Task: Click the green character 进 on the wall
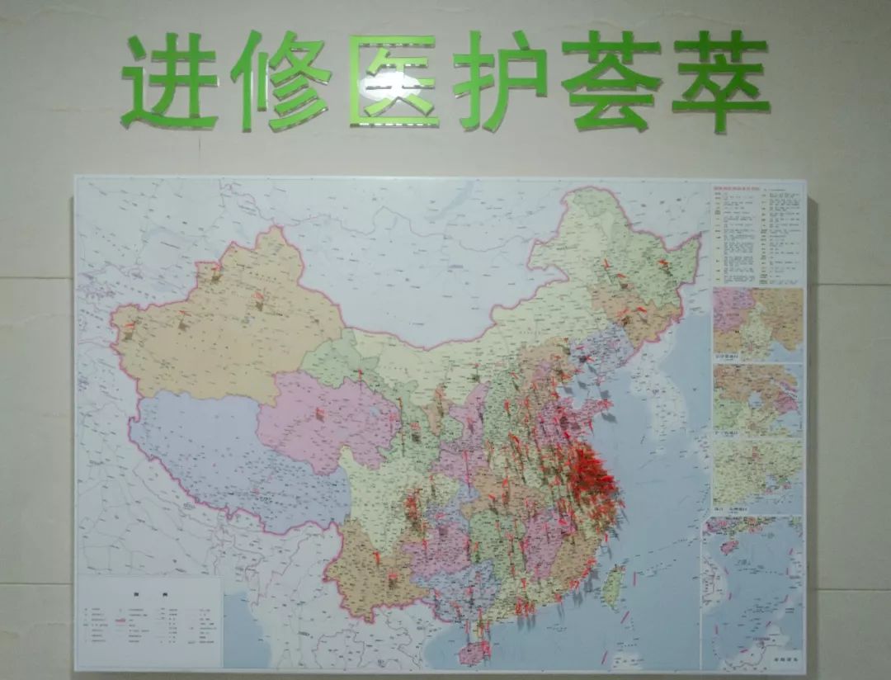click(x=170, y=81)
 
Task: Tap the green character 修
click(x=280, y=81)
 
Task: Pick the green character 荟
click(x=610, y=81)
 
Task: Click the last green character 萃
click(x=721, y=81)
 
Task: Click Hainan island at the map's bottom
click(x=473, y=653)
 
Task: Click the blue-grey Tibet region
click(x=223, y=462)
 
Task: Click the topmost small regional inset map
click(x=757, y=324)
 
